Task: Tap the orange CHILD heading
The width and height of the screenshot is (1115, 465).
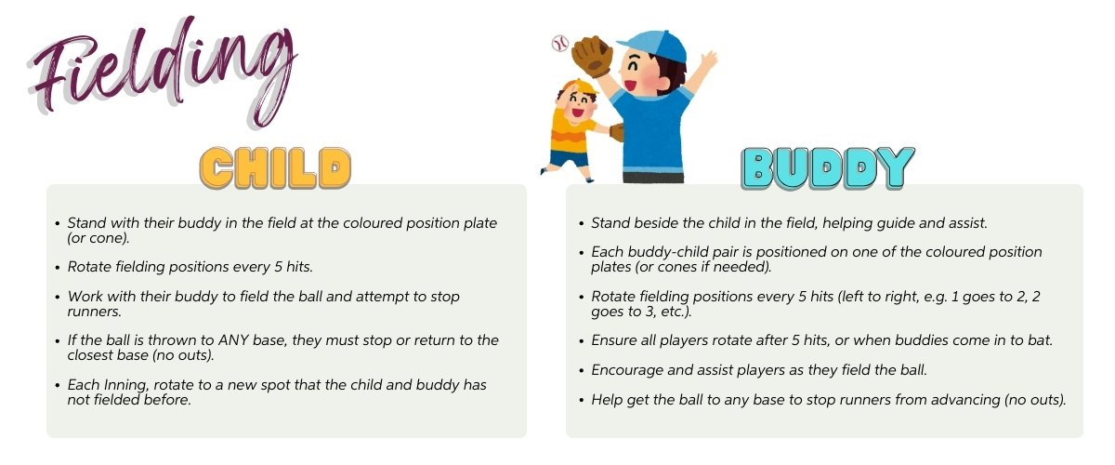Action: click(x=275, y=168)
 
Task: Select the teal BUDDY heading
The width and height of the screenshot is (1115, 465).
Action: click(x=828, y=168)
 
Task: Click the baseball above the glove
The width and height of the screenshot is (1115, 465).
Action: click(x=560, y=44)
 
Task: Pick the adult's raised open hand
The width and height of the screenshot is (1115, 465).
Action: click(x=708, y=60)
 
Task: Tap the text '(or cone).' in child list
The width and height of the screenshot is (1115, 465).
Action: click(x=98, y=238)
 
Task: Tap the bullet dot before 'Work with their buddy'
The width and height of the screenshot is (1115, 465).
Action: click(x=58, y=298)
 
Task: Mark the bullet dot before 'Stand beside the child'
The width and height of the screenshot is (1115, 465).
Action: click(x=582, y=224)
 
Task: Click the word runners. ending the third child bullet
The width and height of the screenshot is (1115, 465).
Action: click(x=95, y=312)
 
